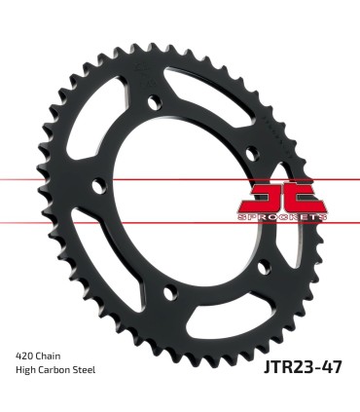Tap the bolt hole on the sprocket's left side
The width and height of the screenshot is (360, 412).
point(95,185)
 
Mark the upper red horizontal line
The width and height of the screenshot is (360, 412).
point(58,180)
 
